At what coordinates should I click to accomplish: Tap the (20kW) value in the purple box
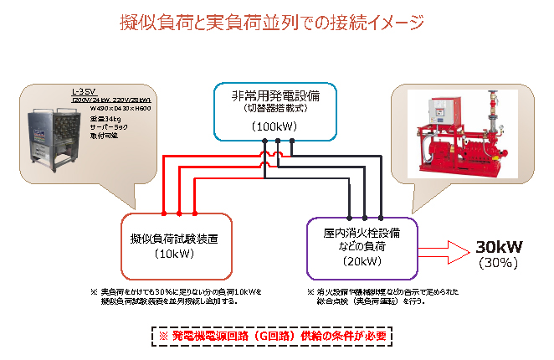[x=362, y=261]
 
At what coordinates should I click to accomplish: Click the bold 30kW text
[x=499, y=247]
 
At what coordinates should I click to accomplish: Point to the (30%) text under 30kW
[x=499, y=262]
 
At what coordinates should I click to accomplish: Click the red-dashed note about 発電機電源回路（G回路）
[x=277, y=335]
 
